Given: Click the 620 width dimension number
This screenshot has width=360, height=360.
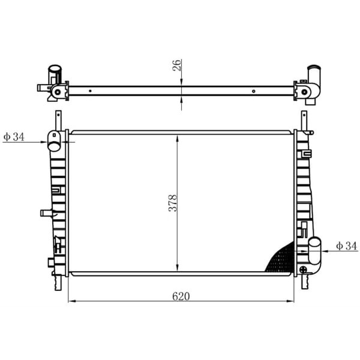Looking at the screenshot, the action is click(181, 296).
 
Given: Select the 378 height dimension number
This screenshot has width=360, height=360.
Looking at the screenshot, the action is click(173, 203).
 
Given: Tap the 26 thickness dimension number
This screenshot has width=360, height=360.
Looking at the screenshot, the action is click(177, 65).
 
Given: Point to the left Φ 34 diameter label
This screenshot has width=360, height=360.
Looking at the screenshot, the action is click(14, 137).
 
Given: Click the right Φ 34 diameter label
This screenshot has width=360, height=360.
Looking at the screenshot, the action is click(346, 246).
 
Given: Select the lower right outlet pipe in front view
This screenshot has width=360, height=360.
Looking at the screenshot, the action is click(314, 251).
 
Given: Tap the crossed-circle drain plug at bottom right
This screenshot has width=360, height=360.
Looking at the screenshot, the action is click(303, 269).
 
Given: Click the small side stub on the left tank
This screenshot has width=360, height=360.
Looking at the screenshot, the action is click(47, 213).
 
